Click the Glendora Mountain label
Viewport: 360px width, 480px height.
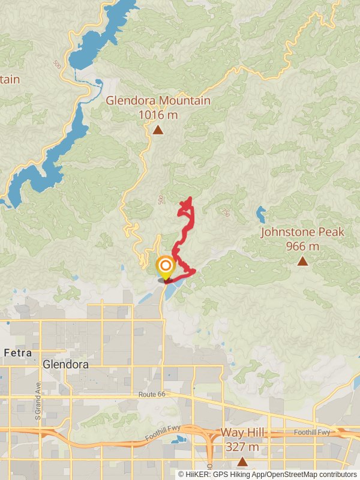tap(158, 100)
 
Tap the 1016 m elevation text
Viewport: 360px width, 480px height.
tap(158, 114)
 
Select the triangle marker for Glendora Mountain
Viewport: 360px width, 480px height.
tap(158, 130)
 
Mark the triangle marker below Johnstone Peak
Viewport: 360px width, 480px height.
tap(303, 261)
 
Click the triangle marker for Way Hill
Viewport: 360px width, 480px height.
tap(242, 461)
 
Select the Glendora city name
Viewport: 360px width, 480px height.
tap(65, 364)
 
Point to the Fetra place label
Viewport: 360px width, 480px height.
tap(17, 352)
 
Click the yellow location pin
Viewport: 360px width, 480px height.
tap(165, 267)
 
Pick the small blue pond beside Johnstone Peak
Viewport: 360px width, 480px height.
tap(260, 212)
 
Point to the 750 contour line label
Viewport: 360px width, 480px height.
tap(225, 212)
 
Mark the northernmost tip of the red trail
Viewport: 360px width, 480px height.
tap(190, 198)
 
